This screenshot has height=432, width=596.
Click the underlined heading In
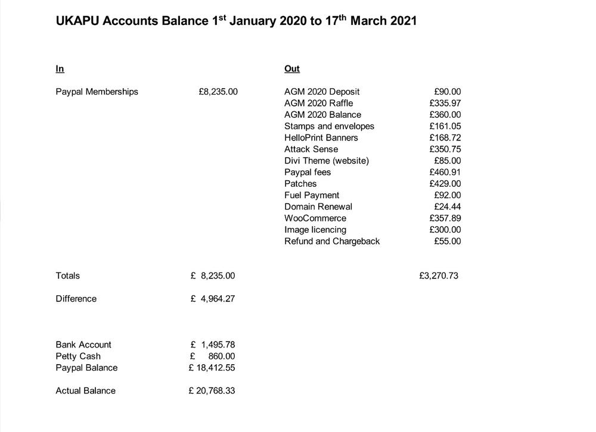tap(60, 69)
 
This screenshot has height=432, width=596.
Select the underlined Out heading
tap(292, 69)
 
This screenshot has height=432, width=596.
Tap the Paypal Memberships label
tap(97, 92)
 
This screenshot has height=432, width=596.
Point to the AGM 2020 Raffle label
tap(318, 104)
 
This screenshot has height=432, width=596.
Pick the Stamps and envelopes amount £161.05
tap(445, 126)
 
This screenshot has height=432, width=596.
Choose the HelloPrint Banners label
tap(321, 138)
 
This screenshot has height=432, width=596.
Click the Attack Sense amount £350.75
tap(445, 149)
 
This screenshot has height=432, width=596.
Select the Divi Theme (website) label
tap(327, 161)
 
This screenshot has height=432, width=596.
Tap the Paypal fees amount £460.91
tap(445, 173)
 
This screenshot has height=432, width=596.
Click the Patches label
tap(300, 184)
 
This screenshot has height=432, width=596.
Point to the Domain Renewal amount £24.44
tap(447, 207)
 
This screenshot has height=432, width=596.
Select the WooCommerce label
tap(315, 218)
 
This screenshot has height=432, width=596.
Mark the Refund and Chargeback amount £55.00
tap(447, 242)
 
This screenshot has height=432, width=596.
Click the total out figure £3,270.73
tap(439, 276)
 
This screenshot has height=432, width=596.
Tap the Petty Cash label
tap(78, 356)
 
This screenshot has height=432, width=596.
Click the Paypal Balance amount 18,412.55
tap(215, 368)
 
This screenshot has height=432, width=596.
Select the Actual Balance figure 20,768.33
tap(215, 391)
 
